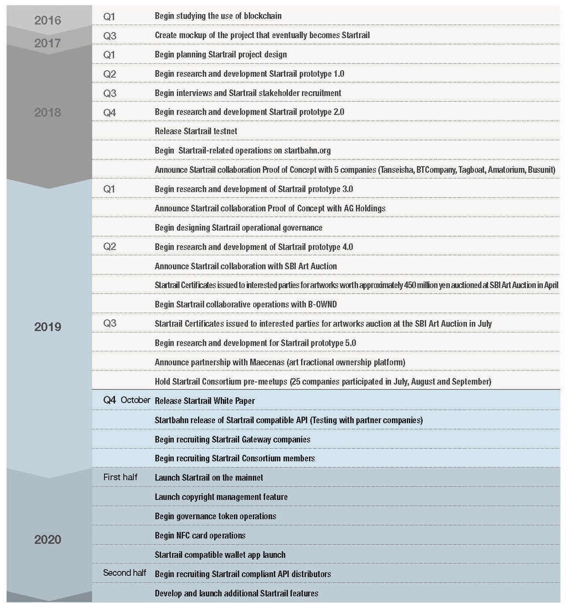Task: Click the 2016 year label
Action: point(47,20)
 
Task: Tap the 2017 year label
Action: point(47,43)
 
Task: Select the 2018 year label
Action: point(47,112)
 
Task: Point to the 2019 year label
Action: point(47,327)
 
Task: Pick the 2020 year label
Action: point(47,539)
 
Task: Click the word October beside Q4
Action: point(136,400)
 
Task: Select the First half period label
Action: point(120,477)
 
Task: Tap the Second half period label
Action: point(125,573)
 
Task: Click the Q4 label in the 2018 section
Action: point(109,112)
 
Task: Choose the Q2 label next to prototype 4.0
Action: point(109,246)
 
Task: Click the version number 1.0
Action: point(338,74)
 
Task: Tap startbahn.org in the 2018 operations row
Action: point(307,150)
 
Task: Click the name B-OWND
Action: point(320,304)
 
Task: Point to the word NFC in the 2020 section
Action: point(183,535)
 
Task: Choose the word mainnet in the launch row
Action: point(249,478)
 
